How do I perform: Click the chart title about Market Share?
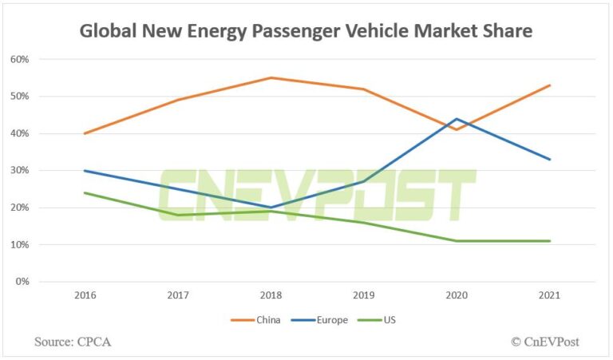coord(306,32)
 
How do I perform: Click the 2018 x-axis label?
coord(270,295)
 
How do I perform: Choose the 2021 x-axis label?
coord(549,295)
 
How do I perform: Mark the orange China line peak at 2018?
coord(270,77)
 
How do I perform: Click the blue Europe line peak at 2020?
coord(457,119)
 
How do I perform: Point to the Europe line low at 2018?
coord(270,208)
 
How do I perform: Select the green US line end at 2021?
coord(549,241)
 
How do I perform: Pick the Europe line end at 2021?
coord(549,160)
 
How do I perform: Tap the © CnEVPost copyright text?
coord(545,342)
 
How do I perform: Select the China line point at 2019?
coord(363,89)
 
